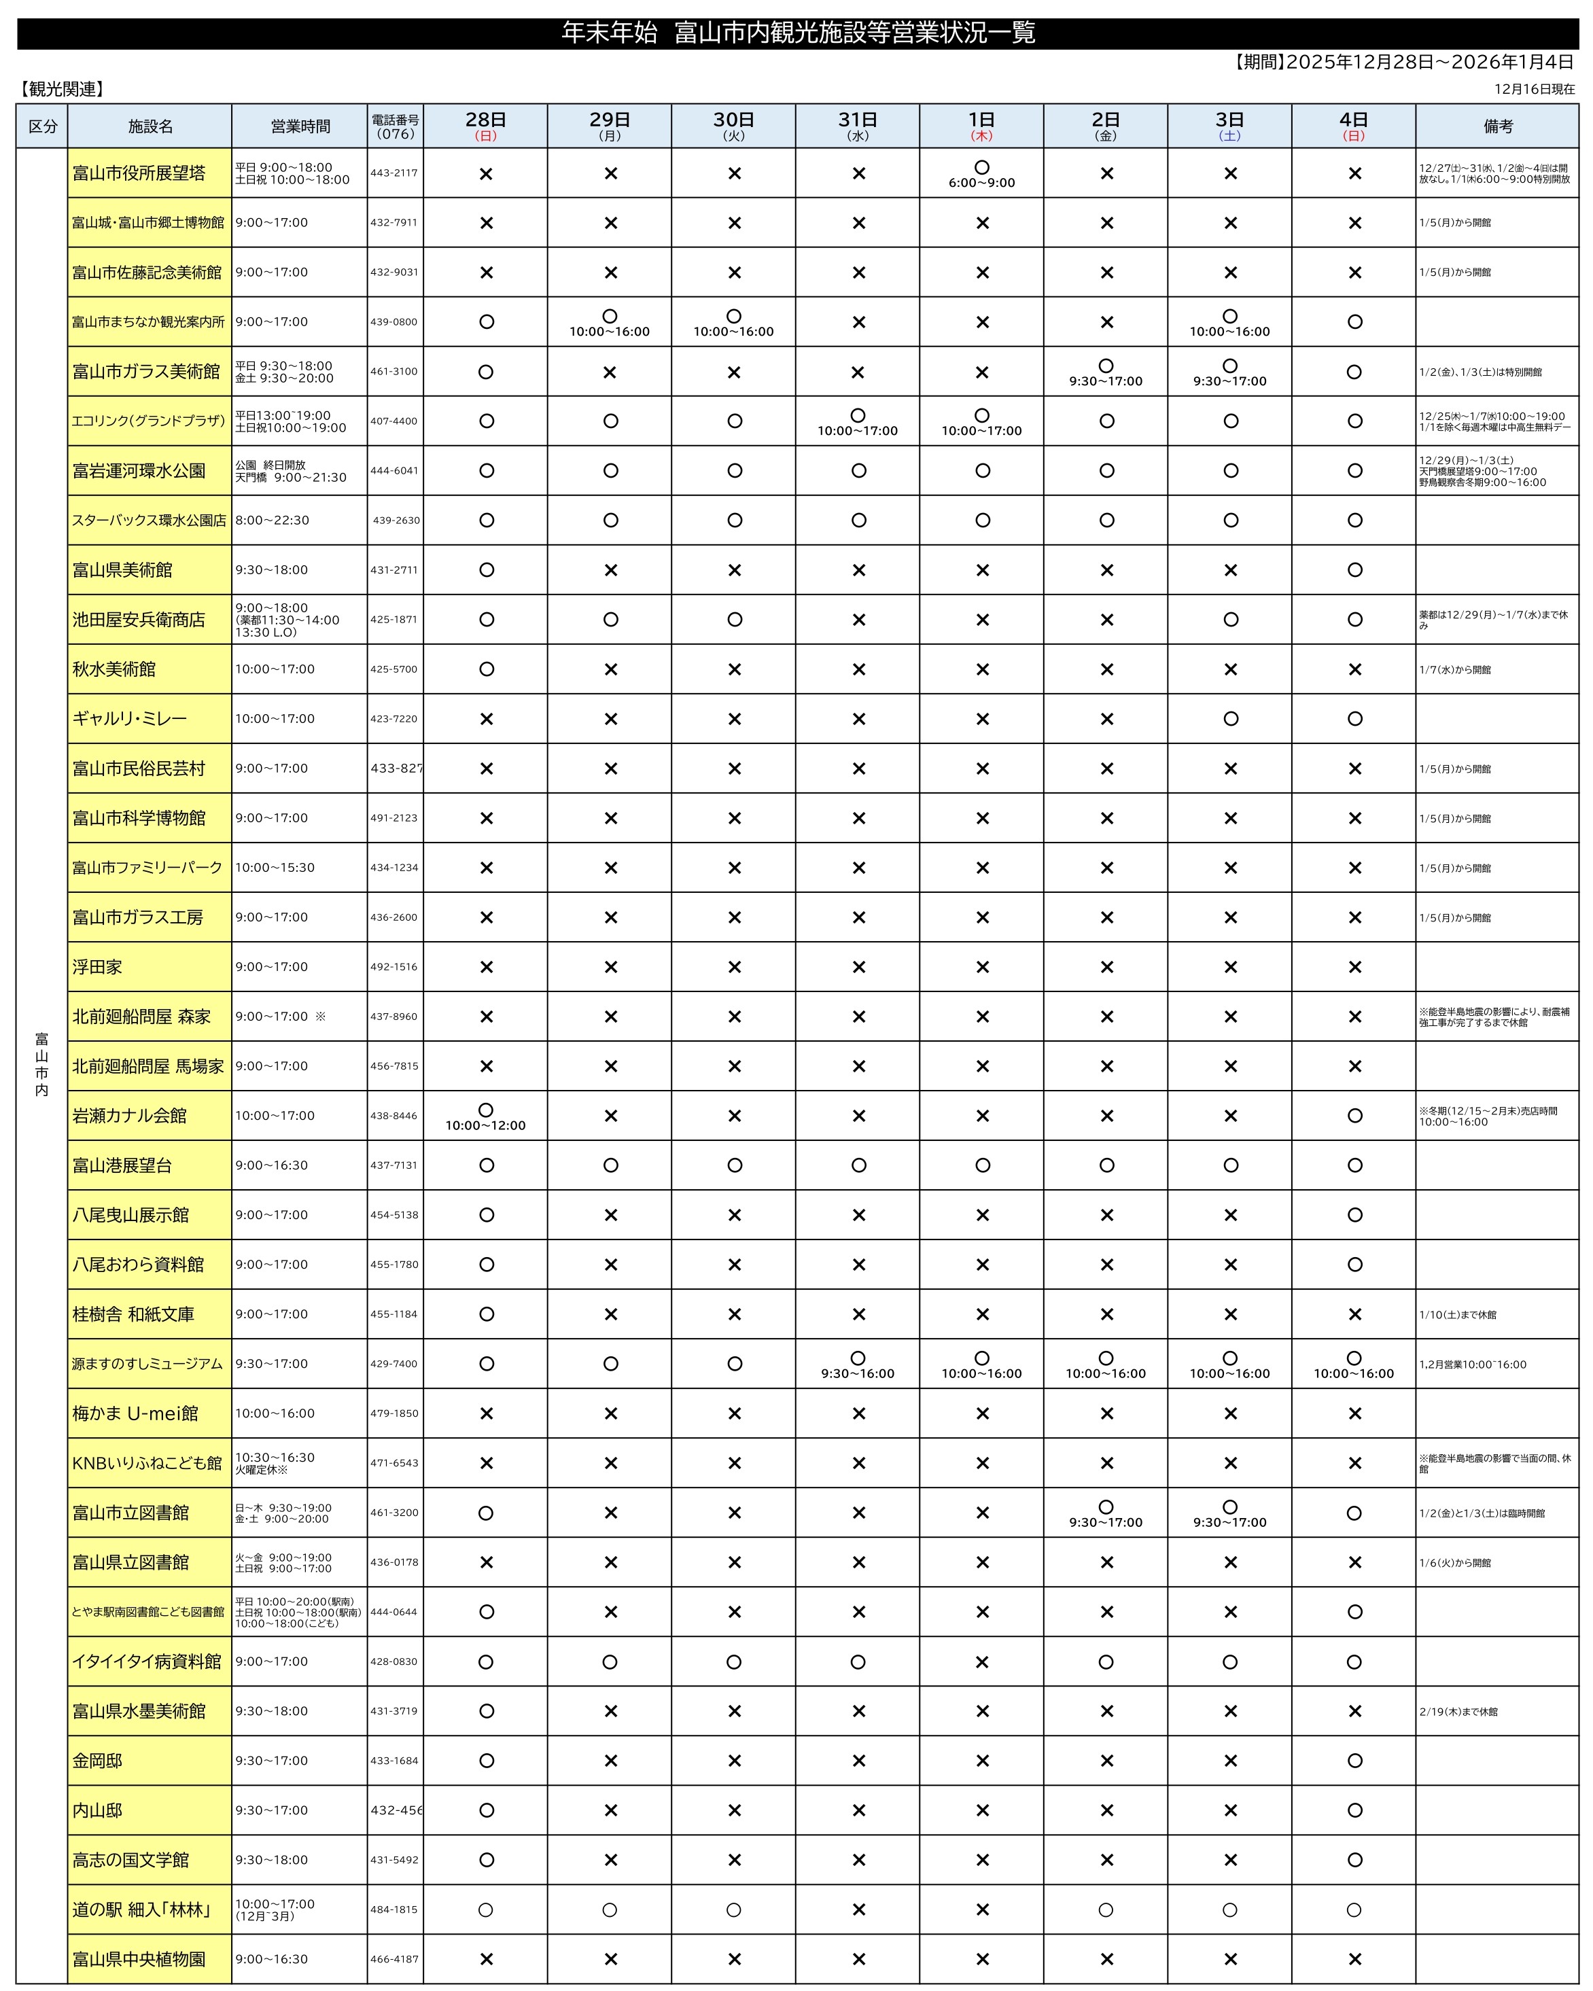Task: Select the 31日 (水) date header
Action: click(x=857, y=126)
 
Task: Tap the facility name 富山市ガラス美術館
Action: click(x=146, y=371)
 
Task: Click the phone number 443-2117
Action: click(x=394, y=173)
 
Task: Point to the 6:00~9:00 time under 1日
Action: click(x=981, y=183)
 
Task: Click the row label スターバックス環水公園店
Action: click(x=149, y=520)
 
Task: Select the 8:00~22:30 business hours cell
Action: click(x=273, y=520)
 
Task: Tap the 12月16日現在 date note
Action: click(x=1534, y=88)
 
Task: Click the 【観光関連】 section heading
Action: click(x=62, y=88)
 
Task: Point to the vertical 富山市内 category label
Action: click(x=41, y=1064)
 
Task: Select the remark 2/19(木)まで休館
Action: click(x=1458, y=1711)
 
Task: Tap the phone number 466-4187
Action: click(x=394, y=1958)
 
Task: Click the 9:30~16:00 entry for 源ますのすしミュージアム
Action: click(x=857, y=1373)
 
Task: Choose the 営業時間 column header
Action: click(x=300, y=126)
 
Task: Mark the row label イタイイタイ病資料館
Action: click(x=147, y=1661)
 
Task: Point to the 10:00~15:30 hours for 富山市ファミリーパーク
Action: click(x=275, y=867)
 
